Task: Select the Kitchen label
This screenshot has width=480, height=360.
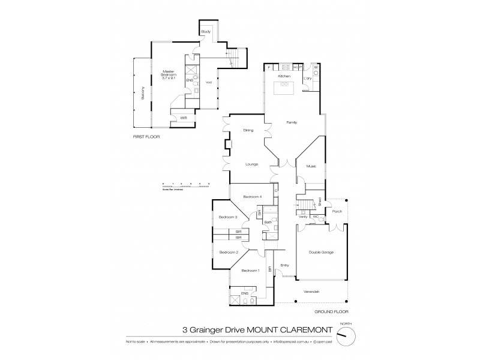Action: tap(284, 77)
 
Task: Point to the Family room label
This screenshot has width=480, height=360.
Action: tap(292, 122)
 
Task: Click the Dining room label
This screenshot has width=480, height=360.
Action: tap(248, 130)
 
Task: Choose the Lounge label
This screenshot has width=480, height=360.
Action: tap(251, 163)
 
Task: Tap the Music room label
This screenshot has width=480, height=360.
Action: tap(311, 166)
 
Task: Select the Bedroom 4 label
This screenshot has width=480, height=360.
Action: tap(251, 197)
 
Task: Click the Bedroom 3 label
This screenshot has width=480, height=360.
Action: tap(228, 217)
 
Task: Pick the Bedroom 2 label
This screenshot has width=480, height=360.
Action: tap(228, 252)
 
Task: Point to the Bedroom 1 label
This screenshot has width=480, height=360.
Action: tap(250, 271)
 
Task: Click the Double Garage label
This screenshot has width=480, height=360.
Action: tap(321, 252)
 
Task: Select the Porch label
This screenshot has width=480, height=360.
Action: tap(337, 211)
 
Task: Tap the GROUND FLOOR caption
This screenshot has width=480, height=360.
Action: tap(331, 312)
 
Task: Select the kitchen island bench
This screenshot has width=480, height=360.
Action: tap(284, 88)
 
